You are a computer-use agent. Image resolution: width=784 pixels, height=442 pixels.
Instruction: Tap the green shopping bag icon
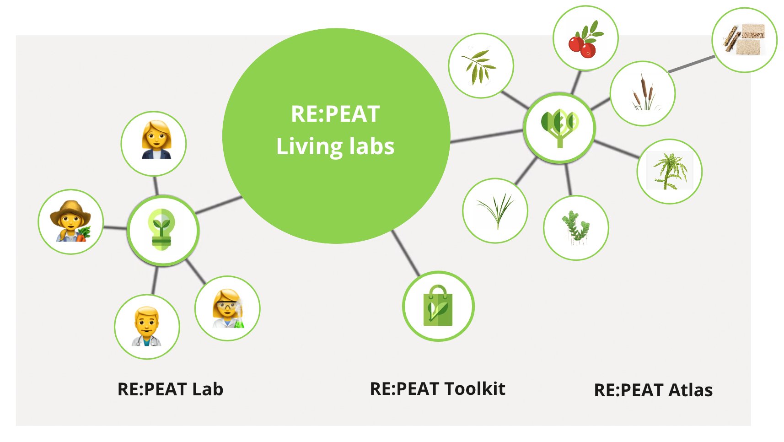coord(438,306)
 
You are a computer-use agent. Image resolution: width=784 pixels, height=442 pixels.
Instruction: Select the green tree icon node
coord(559,128)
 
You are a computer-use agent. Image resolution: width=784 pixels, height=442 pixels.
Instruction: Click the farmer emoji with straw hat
coord(71,221)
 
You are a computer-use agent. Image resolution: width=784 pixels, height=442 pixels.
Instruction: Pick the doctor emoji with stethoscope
coord(147,327)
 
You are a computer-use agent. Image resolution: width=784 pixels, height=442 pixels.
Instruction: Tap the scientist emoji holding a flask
coord(227,308)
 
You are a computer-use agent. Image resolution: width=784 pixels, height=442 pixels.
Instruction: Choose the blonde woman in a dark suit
coord(154,143)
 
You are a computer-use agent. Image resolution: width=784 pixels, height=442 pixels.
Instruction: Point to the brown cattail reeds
coord(642,93)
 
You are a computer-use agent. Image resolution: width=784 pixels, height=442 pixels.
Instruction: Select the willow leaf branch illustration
coord(480,66)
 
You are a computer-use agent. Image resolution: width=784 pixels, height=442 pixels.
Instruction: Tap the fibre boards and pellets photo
coord(744,40)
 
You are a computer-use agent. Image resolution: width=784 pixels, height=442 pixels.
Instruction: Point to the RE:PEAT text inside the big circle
coord(335,114)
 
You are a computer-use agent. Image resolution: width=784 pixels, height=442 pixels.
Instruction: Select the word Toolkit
coord(475,389)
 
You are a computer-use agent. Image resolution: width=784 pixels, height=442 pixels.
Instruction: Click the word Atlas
coord(690,390)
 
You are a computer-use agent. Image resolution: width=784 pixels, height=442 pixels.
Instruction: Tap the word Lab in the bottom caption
coord(207,389)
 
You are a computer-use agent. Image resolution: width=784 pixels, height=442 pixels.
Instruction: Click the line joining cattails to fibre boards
coord(691,64)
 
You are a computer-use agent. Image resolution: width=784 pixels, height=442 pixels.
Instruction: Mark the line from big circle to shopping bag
coord(406,253)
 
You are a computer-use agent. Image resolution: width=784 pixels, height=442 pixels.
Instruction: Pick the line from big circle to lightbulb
coord(219,205)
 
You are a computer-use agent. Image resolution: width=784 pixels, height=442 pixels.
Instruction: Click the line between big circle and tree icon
coord(487,136)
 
